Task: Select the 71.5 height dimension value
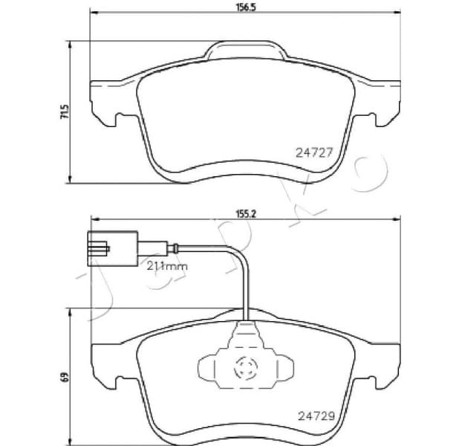(65, 111)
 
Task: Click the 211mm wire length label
(166, 265)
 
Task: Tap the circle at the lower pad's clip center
(245, 365)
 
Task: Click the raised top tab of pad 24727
(244, 52)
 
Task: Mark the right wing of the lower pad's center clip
(283, 366)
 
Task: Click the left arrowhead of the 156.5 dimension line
(92, 14)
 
